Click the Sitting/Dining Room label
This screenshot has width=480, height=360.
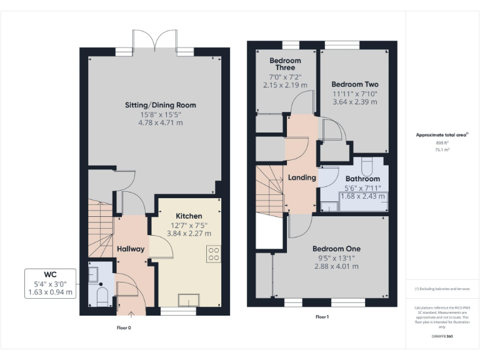coord(160,105)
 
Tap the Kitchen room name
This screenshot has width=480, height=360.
coord(189,216)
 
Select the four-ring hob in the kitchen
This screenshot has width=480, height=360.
coord(214,253)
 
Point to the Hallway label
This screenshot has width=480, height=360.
coord(131,249)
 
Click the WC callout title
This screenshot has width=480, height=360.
coord(50,274)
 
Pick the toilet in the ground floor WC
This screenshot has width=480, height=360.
coord(101,295)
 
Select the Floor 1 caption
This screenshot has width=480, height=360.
coord(322,317)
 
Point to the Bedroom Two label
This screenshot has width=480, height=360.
coord(354,84)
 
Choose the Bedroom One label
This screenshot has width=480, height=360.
coord(336,249)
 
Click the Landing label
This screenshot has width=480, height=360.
coord(301,177)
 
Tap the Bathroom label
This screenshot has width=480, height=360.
coord(362,179)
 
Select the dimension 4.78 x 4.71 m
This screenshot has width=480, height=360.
coord(160,123)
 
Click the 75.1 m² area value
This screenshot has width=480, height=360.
coord(442,150)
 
